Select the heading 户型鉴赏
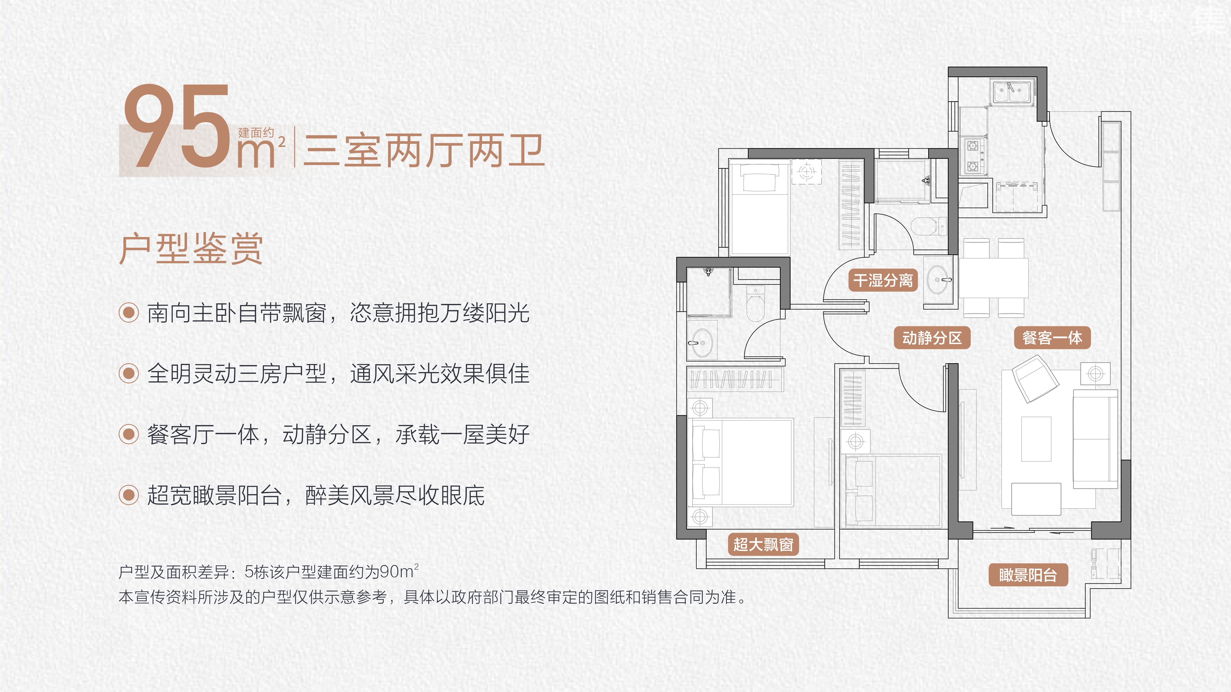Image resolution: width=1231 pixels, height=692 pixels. coord(191,249)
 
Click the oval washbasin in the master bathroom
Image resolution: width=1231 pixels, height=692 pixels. coord(702,342)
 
